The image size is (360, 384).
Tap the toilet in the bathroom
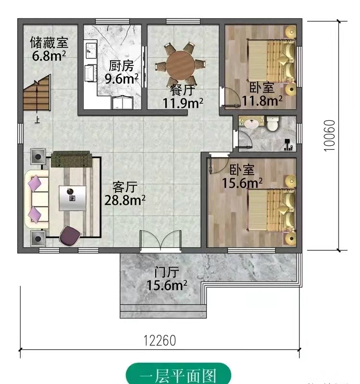pyautogui.click(x=273, y=123)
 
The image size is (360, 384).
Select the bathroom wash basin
pyautogui.click(x=251, y=124)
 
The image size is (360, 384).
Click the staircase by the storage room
pyautogui.click(x=37, y=93)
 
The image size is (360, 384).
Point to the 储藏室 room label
pyautogui.click(x=49, y=42)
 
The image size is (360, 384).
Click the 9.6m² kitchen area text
pyautogui.click(x=122, y=78)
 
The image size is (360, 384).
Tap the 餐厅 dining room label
pyautogui.click(x=183, y=90)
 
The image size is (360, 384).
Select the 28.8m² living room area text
pyautogui.click(x=125, y=200)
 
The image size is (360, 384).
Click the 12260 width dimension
pyautogui.click(x=160, y=341)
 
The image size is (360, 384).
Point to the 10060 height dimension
pyautogui.click(x=329, y=136)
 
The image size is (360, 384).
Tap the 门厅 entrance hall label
pyautogui.click(x=167, y=272)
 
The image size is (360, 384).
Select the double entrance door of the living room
pyautogui.click(x=161, y=241)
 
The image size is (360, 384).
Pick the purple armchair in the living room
pyautogui.click(x=70, y=236)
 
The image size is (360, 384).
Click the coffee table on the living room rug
pyautogui.click(x=73, y=198)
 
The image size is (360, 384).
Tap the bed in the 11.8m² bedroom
pyautogui.click(x=272, y=61)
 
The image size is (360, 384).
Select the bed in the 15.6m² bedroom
pyautogui.click(x=272, y=210)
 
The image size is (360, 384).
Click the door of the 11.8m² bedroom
pyautogui.click(x=230, y=97)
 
